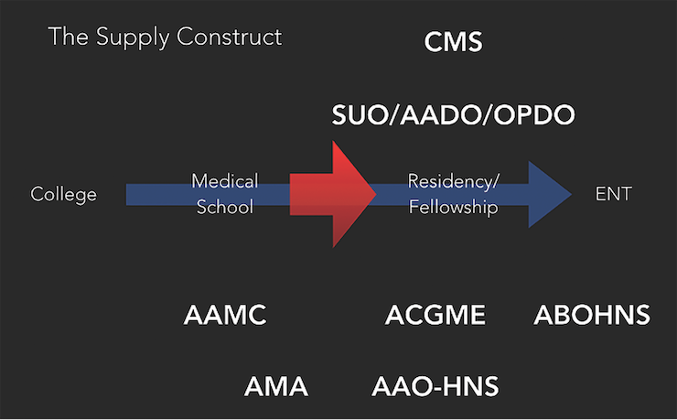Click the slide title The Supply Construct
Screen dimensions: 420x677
pyautogui.click(x=165, y=38)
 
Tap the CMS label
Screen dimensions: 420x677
pyautogui.click(x=453, y=42)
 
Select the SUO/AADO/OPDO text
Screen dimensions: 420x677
pyautogui.click(x=453, y=115)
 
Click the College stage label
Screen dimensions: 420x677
pyautogui.click(x=63, y=194)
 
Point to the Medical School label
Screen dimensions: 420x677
pyautogui.click(x=224, y=194)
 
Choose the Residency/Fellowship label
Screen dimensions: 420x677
pyautogui.click(x=453, y=194)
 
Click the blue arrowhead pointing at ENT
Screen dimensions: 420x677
pyautogui.click(x=549, y=194)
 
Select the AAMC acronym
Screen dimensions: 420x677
pyautogui.click(x=225, y=316)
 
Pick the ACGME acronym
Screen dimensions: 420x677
pyautogui.click(x=435, y=316)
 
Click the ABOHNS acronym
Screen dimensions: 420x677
pyautogui.click(x=592, y=316)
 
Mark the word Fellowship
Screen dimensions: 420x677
pyautogui.click(x=453, y=208)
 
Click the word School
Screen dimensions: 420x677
pyautogui.click(x=224, y=208)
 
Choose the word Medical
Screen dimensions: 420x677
pyautogui.click(x=224, y=180)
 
